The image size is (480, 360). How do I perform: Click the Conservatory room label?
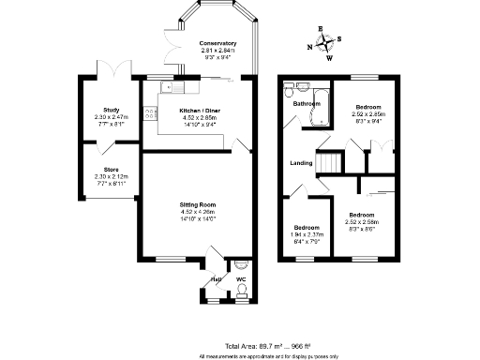(217, 43)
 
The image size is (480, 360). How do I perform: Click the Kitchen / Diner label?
(199, 110)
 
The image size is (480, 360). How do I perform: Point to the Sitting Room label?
(199, 204)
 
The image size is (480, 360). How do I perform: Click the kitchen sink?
(170, 88)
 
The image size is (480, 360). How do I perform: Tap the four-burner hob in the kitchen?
(148, 114)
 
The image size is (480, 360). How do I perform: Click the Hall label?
(214, 279)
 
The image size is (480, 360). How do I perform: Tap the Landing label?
(301, 163)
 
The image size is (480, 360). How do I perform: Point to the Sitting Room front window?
(172, 259)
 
